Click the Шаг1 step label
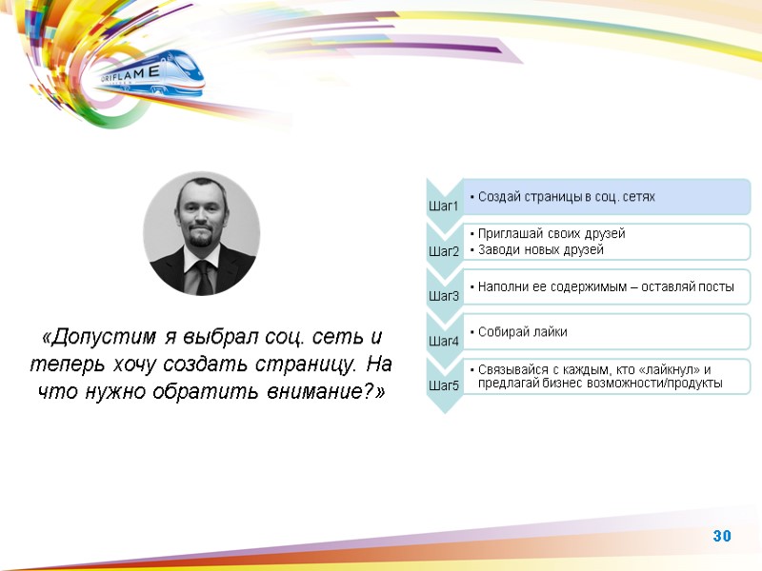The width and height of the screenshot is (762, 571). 444,207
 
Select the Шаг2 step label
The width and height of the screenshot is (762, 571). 444,251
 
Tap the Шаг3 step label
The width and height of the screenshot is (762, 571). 444,296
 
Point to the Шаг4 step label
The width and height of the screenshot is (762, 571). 444,341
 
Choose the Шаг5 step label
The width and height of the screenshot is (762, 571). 444,385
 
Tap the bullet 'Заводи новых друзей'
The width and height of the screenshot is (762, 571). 541,250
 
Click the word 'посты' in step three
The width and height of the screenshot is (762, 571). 718,286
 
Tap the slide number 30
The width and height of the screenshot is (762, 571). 721,537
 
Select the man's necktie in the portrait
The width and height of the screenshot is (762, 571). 203,275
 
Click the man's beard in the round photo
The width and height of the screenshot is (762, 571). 200,242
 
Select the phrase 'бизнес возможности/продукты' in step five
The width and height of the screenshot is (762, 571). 643,384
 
